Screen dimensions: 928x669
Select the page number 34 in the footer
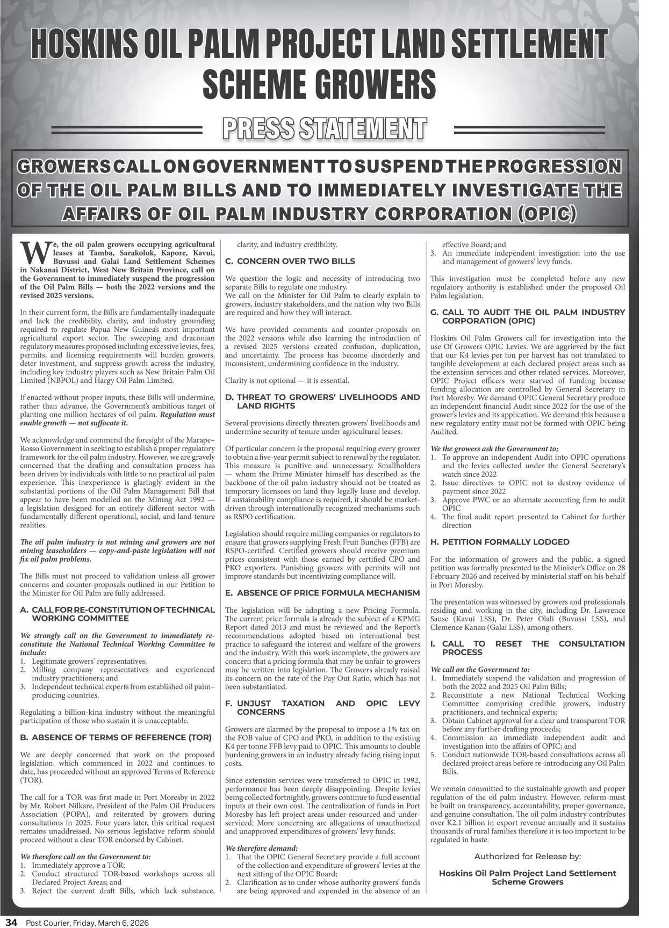point(12,923)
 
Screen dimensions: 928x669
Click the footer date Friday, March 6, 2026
point(110,923)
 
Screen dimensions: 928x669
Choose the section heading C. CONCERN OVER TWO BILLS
point(290,261)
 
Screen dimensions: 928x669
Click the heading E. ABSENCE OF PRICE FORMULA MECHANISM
point(322,593)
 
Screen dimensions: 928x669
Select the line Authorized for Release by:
point(527,857)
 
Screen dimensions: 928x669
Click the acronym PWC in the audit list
point(480,499)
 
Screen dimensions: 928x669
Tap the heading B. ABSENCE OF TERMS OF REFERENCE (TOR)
point(116,737)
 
